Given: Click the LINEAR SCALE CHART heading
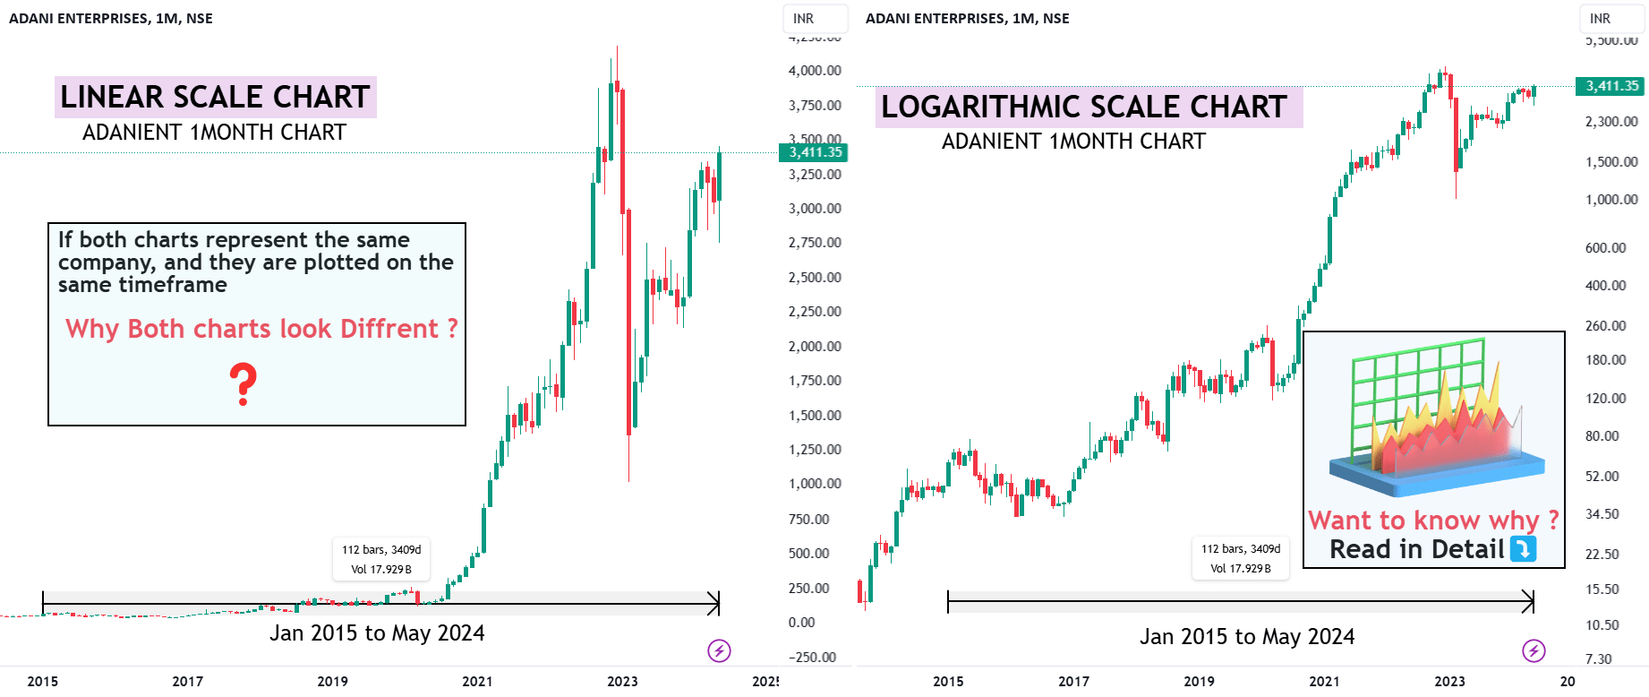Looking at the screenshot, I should [215, 97].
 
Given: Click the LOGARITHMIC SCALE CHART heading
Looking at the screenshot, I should [1083, 107].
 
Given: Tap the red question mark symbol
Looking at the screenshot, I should [243, 383].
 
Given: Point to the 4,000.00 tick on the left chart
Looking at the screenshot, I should [815, 71].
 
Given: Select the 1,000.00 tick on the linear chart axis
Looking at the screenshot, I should [815, 484].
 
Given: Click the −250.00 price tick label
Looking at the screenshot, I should [812, 657].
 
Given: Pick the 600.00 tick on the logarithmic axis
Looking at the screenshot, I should [1605, 248].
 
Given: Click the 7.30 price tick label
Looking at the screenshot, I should [1598, 658].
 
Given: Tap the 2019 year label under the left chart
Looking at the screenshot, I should [332, 681].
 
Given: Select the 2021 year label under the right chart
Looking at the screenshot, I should [1324, 681].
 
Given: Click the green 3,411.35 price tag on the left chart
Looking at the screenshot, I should [815, 152].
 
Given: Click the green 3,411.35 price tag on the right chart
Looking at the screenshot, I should [1611, 86].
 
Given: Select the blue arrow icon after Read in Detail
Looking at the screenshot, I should [1523, 548].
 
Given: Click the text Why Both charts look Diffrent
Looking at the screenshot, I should [261, 329].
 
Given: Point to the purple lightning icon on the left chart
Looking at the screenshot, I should [719, 650].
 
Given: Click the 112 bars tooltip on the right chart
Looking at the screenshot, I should [1240, 558].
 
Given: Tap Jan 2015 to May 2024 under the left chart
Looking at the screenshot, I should [377, 633].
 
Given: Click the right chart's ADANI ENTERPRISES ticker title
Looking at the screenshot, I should [967, 19].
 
